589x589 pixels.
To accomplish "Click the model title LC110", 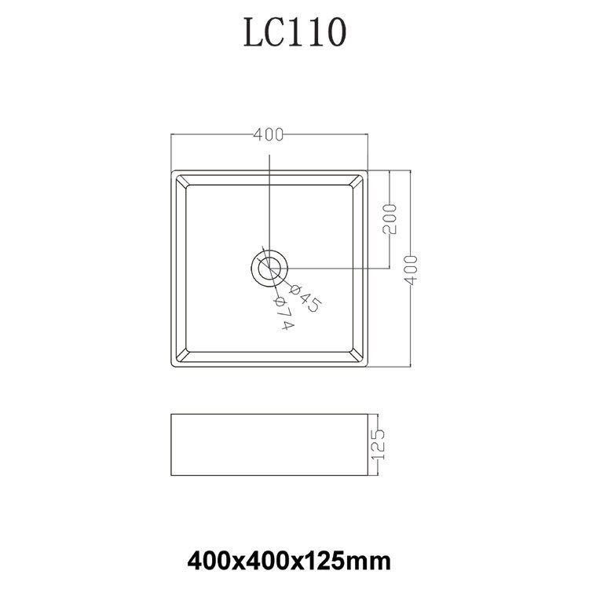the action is coord(294,32).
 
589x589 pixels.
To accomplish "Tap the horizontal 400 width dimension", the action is coord(269,134).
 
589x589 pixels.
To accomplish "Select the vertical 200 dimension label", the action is coord(390,219).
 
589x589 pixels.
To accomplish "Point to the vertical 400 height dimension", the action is coord(412,269).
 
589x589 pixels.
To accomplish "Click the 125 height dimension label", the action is coord(378,444).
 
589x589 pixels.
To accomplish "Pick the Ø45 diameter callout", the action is coord(305,298).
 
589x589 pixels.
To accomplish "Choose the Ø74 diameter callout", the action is coord(285,313).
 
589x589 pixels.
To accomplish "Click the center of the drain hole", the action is coord(269,269).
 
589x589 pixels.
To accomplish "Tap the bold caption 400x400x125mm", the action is coord(289,562).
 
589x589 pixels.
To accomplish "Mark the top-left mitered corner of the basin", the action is coord(181,181).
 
